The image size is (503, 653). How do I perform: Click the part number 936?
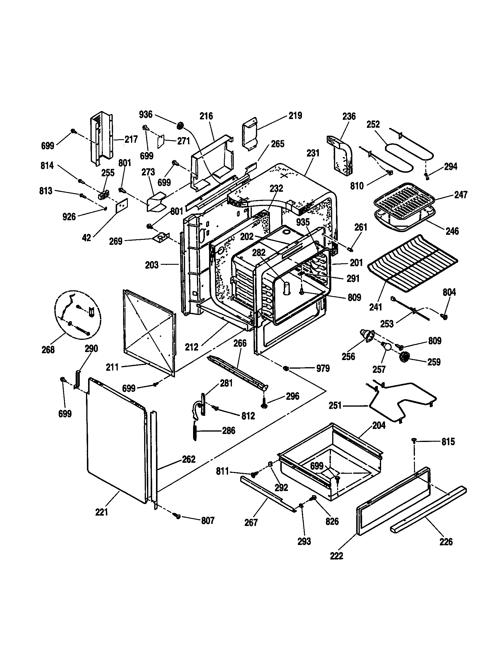(x=146, y=115)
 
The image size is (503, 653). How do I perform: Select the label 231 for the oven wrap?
(x=313, y=153)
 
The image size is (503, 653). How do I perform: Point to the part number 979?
(x=323, y=368)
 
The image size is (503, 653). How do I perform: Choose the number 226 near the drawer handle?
(x=446, y=541)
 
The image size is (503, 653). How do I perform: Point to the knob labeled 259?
(x=405, y=357)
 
